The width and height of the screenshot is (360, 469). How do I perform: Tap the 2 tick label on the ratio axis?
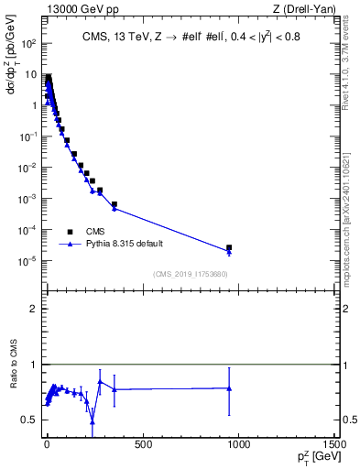(x=32, y=309)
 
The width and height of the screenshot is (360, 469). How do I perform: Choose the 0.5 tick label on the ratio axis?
(x=28, y=420)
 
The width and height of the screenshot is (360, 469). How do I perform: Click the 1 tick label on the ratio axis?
(x=32, y=365)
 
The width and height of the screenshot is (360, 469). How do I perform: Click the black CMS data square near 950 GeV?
(x=229, y=247)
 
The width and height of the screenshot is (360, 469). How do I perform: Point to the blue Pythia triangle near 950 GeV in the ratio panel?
(x=229, y=387)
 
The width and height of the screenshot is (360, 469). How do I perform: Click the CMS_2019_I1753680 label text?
(x=191, y=274)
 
